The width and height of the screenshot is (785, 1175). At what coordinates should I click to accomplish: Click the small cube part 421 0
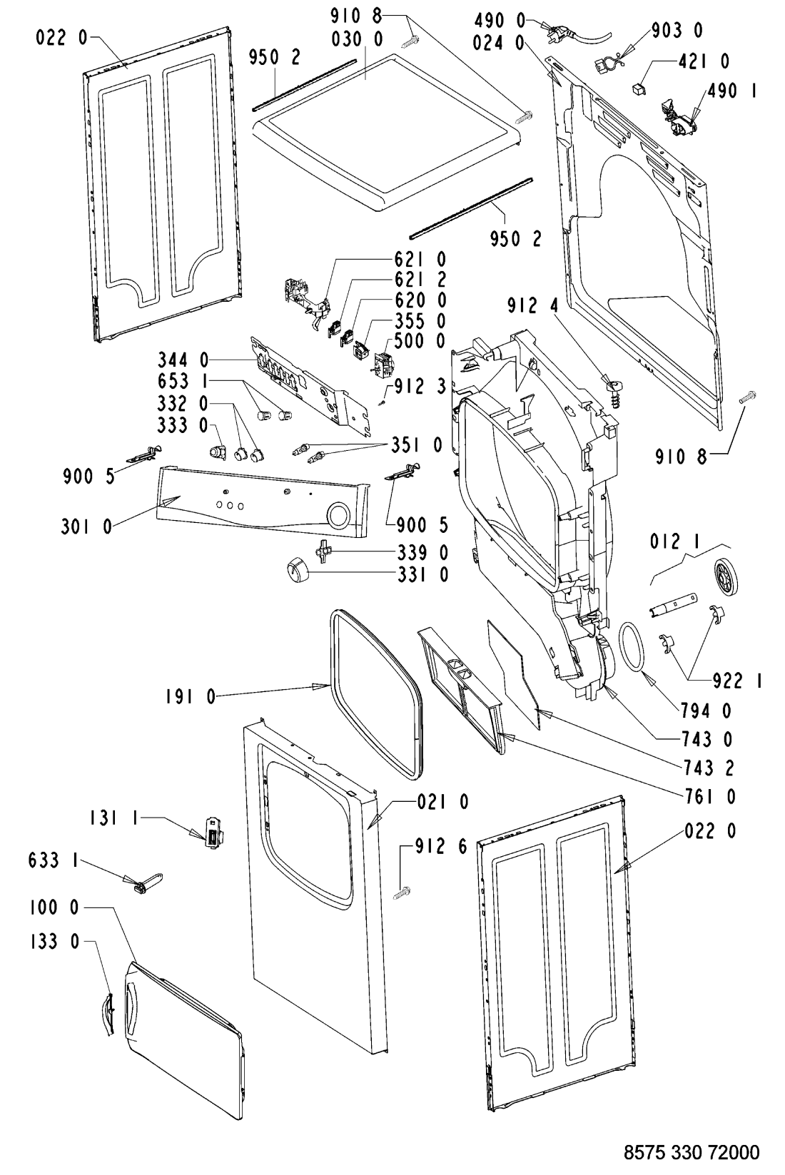[x=639, y=89]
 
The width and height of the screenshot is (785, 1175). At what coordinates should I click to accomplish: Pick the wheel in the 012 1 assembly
[x=726, y=576]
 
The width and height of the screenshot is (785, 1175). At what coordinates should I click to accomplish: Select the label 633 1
[x=54, y=860]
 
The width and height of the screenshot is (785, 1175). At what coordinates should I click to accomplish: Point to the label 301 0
[x=87, y=526]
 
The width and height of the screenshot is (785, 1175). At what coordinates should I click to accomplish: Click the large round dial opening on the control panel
[x=338, y=515]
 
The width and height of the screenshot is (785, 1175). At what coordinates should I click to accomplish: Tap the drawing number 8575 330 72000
[x=692, y=1152]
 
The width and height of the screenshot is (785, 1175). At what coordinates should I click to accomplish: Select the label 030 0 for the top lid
[x=357, y=39]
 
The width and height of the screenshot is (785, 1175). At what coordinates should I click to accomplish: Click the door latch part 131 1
[x=213, y=831]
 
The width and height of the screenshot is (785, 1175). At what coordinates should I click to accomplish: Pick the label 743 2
[x=709, y=768]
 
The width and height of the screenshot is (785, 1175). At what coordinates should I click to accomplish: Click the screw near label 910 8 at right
[x=747, y=397]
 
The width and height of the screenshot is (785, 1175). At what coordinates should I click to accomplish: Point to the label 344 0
[x=183, y=360]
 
